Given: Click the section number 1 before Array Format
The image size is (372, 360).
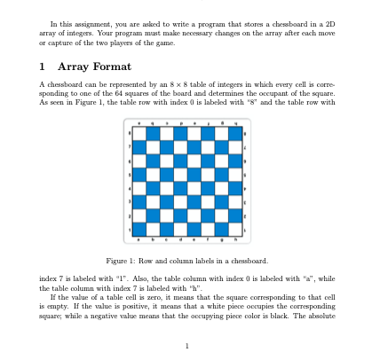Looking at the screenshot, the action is point(43,67).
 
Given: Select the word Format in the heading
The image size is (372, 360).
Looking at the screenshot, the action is point(114,67).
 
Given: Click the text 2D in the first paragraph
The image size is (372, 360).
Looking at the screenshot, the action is point(323,24).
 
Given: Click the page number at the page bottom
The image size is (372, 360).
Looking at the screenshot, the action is point(186,345).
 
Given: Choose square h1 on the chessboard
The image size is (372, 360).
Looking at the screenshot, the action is point(235,228).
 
